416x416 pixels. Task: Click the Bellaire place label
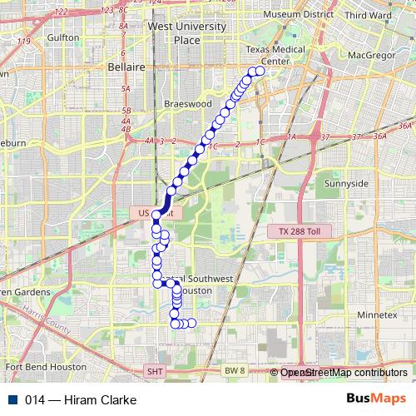pyautogui.click(x=126, y=67)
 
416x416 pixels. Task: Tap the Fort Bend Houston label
pyautogui.click(x=45, y=366)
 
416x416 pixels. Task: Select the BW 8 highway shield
pyautogui.click(x=235, y=369)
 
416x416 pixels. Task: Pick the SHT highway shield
pyautogui.click(x=155, y=371)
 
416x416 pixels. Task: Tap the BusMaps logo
pyautogui.click(x=377, y=399)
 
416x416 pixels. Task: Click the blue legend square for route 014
pyautogui.click(x=14, y=400)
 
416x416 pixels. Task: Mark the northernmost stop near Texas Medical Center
pyautogui.click(x=259, y=71)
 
